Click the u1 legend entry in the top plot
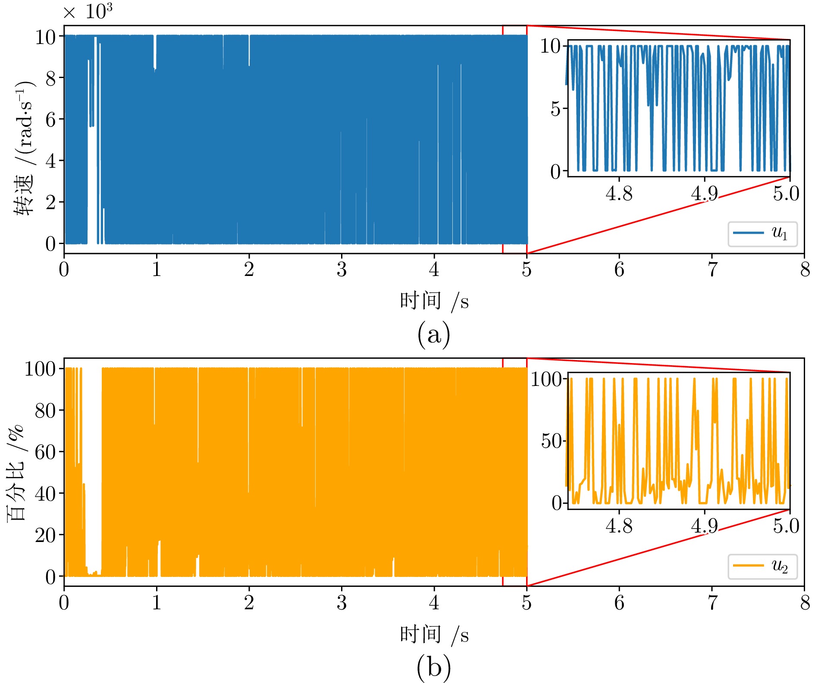tap(762, 234)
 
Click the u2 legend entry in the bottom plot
tap(762, 566)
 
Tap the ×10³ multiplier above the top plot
tap(88, 12)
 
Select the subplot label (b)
tap(433, 667)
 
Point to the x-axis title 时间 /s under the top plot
tap(433, 301)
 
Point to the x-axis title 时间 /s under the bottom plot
tap(433, 634)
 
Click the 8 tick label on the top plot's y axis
tap(51, 78)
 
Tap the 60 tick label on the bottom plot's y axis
tap(46, 452)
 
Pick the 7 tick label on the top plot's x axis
tap(712, 270)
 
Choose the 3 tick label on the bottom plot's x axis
tap(342, 603)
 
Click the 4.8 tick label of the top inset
tap(619, 194)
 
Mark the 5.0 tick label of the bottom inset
tap(786, 526)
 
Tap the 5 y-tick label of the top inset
tap(556, 109)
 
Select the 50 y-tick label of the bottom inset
tap(552, 442)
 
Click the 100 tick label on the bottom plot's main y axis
tap(40, 369)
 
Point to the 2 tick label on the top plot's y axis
tap(51, 202)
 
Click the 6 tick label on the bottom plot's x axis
tap(619, 603)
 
